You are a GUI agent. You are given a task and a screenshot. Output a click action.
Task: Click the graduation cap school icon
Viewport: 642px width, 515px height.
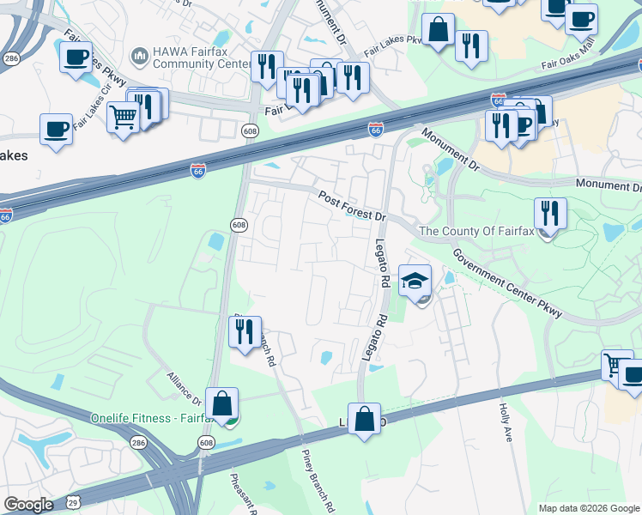pyautogui.click(x=415, y=282)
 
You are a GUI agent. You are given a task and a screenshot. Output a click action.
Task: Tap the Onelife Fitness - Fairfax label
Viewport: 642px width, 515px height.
pyautogui.click(x=151, y=418)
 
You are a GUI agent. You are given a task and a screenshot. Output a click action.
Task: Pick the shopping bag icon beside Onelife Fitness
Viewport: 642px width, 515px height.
pyautogui.click(x=221, y=404)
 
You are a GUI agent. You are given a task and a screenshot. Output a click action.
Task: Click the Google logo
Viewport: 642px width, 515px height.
pyautogui.click(x=28, y=505)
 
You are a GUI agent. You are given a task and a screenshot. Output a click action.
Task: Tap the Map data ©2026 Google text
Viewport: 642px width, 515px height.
pyautogui.click(x=589, y=508)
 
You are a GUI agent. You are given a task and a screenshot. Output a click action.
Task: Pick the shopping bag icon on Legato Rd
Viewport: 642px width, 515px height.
pyautogui.click(x=364, y=421)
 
